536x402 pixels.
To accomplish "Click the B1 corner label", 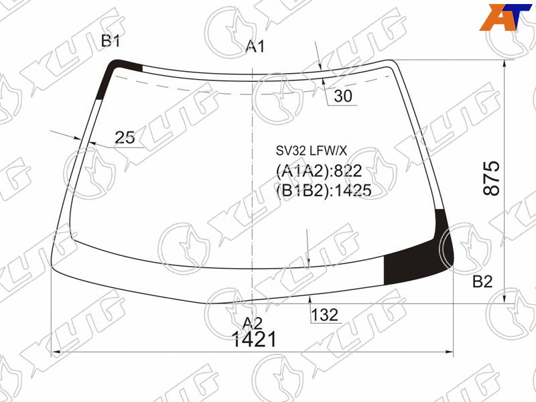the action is pos(111,41).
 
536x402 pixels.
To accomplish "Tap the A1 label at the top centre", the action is pos(255,46).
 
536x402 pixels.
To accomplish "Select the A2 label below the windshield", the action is pos(253,324).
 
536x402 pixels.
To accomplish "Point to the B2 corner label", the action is pos(482,281).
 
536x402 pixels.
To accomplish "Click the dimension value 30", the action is pos(343,96).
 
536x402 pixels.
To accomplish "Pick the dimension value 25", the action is pos(125,137).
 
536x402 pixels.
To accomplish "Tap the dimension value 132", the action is pos(324,315).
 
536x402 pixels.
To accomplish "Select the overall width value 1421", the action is pos(254,340).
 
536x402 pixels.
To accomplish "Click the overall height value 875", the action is pos(491,178).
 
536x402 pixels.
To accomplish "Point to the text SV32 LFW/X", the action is pos(312,150).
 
